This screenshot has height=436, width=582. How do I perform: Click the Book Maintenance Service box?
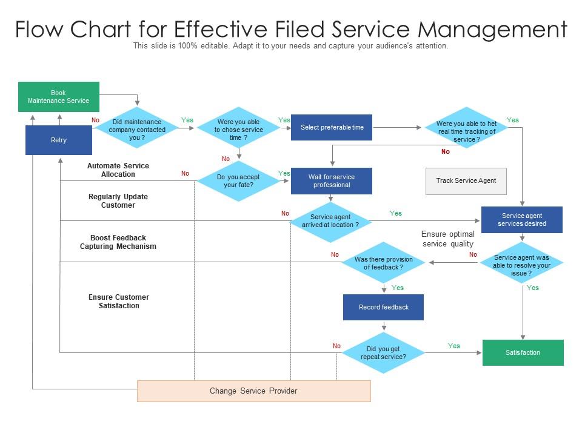(x=58, y=97)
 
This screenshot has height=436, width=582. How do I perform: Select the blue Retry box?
(x=59, y=140)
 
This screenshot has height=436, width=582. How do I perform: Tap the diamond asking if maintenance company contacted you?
(x=138, y=130)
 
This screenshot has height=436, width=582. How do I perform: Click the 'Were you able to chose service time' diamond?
(x=239, y=130)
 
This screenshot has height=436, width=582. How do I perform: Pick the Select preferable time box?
(x=332, y=127)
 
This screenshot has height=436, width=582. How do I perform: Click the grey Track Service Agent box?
(x=466, y=180)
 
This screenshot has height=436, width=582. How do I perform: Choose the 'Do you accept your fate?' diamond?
(x=239, y=181)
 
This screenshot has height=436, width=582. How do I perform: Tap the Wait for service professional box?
(x=332, y=181)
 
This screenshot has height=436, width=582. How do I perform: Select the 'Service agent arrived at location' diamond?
(x=330, y=220)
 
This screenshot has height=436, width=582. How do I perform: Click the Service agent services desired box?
(x=521, y=220)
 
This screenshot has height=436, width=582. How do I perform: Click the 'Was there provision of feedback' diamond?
(x=383, y=263)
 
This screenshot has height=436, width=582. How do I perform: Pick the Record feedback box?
(x=383, y=307)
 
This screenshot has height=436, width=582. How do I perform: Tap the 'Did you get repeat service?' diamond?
(x=383, y=353)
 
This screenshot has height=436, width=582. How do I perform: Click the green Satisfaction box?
(x=523, y=352)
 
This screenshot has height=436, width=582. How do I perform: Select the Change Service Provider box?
(x=253, y=391)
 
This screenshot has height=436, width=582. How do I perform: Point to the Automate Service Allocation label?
(x=118, y=170)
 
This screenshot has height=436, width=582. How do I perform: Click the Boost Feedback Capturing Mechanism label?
(x=118, y=242)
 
